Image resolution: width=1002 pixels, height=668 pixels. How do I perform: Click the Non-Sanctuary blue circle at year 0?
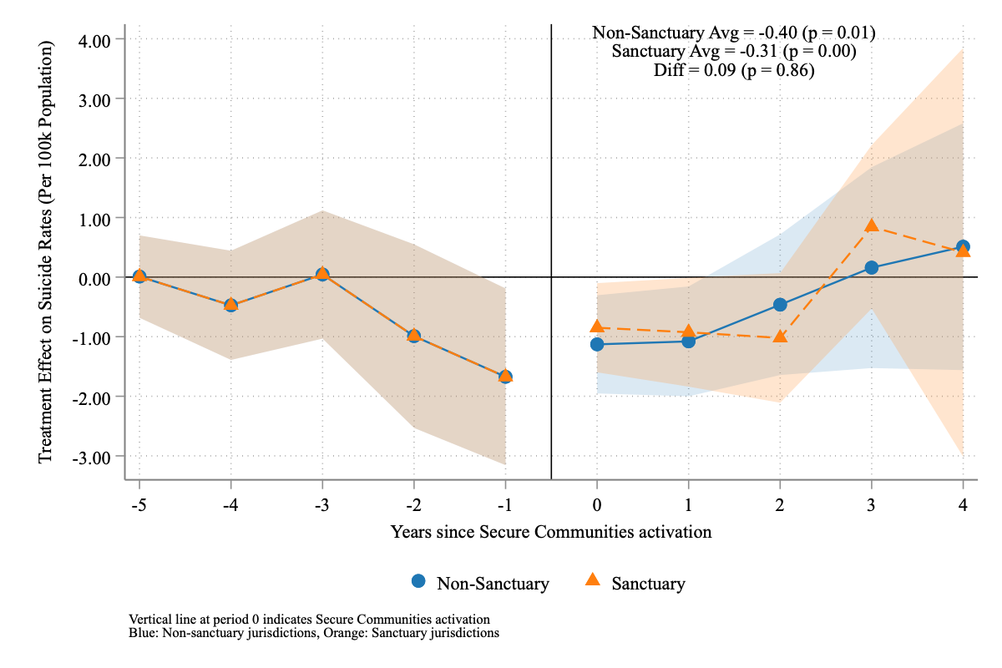coord(597,344)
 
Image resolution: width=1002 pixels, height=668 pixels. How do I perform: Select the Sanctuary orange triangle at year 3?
coord(872,225)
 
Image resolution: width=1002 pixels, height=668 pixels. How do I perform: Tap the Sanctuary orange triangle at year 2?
coord(780,337)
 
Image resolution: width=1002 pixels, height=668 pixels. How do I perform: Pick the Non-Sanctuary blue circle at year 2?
coord(780,305)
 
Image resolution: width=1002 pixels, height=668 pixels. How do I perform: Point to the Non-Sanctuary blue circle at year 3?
coord(872,267)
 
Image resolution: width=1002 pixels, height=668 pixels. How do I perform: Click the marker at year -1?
coord(505,377)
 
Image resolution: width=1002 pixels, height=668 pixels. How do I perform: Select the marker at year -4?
coord(230,305)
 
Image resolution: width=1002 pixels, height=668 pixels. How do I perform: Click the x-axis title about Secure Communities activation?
coord(551,531)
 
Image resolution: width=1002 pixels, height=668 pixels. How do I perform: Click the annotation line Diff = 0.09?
coord(733,71)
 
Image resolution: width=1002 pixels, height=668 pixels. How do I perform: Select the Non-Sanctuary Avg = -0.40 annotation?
coord(733,33)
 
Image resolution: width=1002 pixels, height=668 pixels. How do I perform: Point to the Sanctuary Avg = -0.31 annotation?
coord(733,52)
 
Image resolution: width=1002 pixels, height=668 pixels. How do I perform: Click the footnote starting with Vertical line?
coord(309,619)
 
